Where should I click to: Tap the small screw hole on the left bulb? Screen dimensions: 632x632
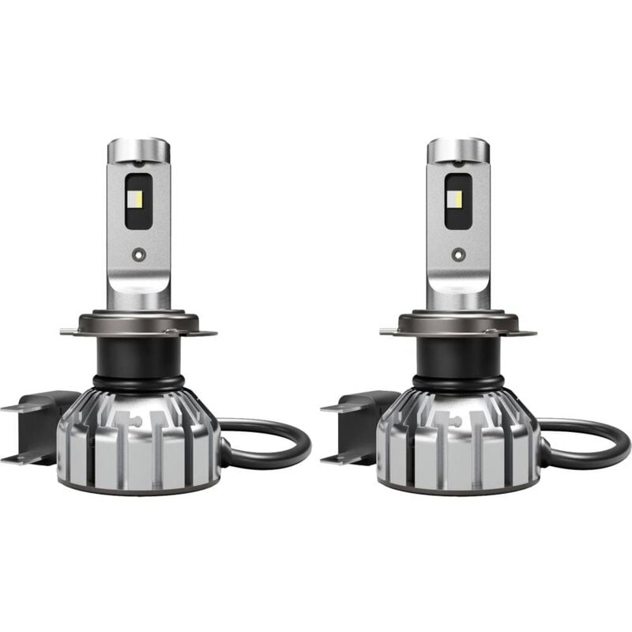click(138, 254)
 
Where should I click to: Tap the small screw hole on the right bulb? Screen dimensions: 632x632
click(457, 254)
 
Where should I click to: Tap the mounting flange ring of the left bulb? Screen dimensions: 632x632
click(138, 324)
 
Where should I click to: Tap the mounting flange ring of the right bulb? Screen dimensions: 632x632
click(457, 324)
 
